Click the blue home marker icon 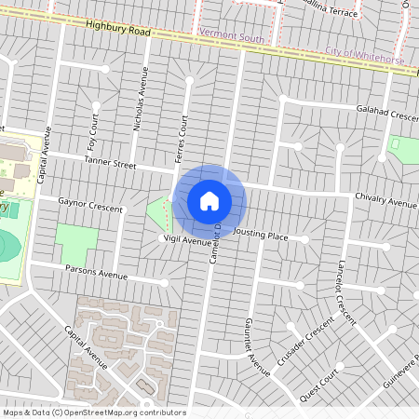coord(209,200)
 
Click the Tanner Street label coord(110,163)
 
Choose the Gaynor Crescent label coord(90,204)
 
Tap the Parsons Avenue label coord(96,273)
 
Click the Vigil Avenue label coord(186,240)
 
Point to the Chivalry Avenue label coord(386,201)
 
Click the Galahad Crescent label coord(387,115)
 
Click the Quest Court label coord(317,384)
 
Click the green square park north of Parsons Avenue coord(75,244)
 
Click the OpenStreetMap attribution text coord(93,412)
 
